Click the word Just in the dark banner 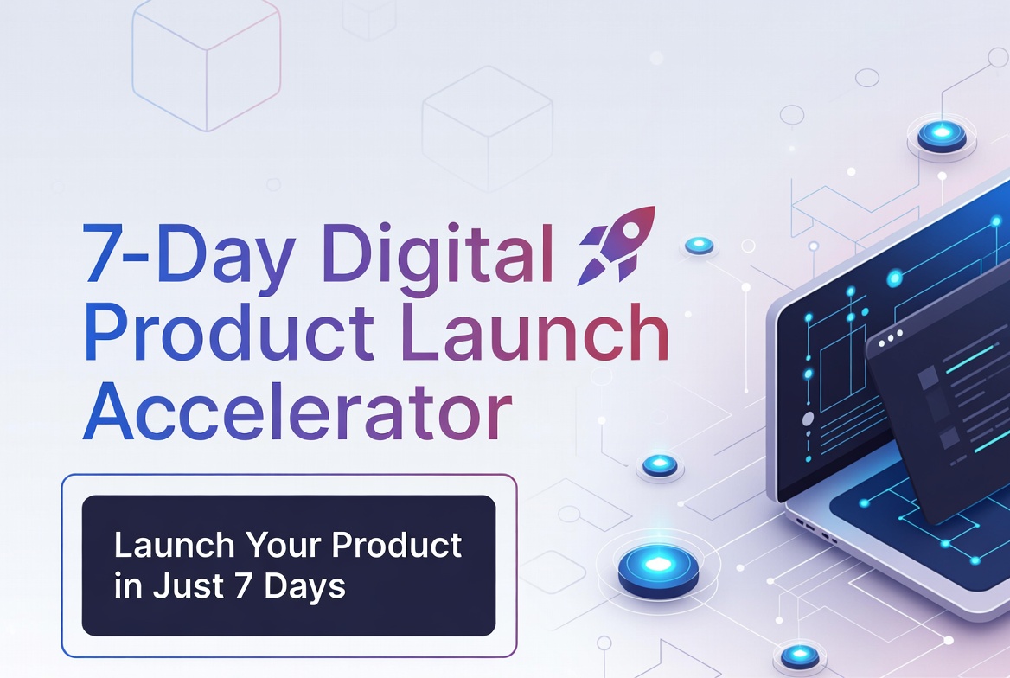tap(189, 585)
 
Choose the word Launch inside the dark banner tap(175, 546)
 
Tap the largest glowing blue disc tap(658, 567)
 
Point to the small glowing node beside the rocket tap(700, 246)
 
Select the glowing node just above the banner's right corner tap(660, 464)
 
